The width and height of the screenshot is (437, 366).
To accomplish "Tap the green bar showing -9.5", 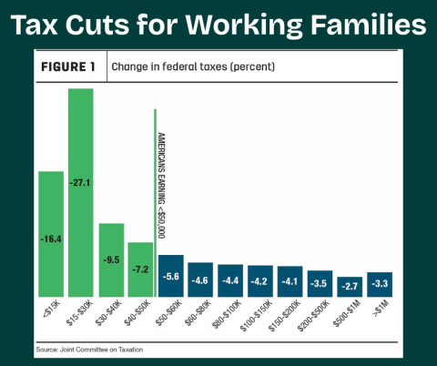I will pyautogui.click(x=111, y=260).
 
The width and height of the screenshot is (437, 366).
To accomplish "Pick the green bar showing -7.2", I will pyautogui.click(x=141, y=269).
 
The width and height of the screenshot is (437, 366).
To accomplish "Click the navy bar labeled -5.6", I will pyautogui.click(x=170, y=276).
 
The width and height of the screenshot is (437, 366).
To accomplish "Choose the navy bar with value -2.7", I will pyautogui.click(x=349, y=286).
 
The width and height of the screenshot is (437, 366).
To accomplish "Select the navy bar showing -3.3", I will pyautogui.click(x=379, y=284).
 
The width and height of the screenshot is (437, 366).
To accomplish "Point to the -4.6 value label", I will pyautogui.click(x=200, y=280).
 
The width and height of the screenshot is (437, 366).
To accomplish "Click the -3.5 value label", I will pyautogui.click(x=320, y=284).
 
